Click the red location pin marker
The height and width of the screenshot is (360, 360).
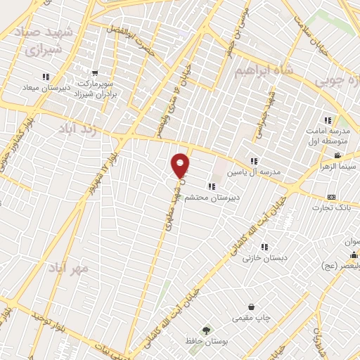pos(181,166)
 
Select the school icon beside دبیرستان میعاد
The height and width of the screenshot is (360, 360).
pos(46,77)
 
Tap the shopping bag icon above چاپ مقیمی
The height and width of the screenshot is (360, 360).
pos(252,307)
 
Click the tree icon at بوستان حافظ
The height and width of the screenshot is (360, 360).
pos(205,329)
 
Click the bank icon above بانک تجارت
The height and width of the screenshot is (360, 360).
pos(331,197)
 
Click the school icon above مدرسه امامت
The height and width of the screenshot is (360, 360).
pos(327,119)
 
